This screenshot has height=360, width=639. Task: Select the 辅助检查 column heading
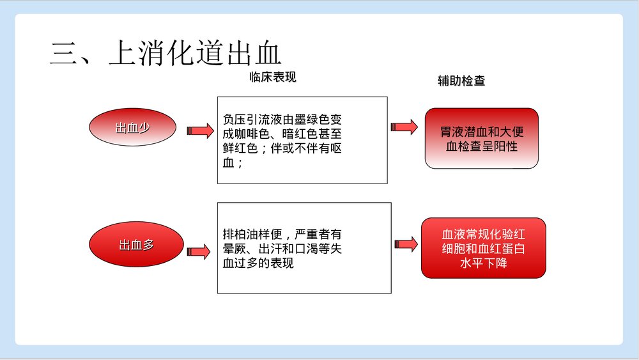click(461, 81)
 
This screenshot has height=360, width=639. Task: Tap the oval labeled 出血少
click(132, 127)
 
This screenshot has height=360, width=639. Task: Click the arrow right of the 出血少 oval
click(199, 130)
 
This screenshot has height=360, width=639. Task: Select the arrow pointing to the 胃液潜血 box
click(404, 127)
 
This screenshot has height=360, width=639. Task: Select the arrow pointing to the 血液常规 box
click(406, 244)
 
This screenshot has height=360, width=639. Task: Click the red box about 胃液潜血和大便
click(482, 138)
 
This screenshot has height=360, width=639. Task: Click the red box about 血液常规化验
click(483, 247)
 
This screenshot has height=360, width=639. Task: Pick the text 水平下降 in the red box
click(483, 262)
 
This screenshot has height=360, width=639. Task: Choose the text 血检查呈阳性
click(482, 146)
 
